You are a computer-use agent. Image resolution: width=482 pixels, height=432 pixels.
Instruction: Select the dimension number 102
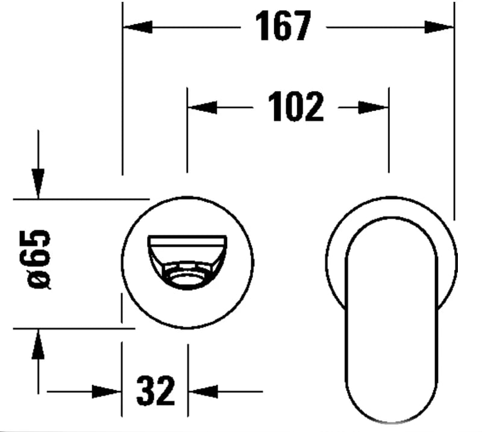[295, 107]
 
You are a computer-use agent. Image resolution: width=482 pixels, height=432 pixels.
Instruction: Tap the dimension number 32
[155, 391]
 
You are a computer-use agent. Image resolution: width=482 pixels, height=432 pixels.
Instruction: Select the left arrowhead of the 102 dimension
[202, 107]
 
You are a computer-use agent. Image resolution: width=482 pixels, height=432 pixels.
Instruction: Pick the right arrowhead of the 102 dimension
[374, 107]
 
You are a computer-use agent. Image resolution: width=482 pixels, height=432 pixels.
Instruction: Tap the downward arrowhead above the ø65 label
[38, 183]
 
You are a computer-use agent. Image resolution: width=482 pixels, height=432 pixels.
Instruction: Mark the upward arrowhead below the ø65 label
[38, 345]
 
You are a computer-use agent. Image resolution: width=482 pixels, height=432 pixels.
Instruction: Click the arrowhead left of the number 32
[107, 392]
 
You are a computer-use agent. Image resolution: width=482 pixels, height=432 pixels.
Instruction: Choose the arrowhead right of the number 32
[203, 392]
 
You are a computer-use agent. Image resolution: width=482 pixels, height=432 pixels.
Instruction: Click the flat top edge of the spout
[187, 239]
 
